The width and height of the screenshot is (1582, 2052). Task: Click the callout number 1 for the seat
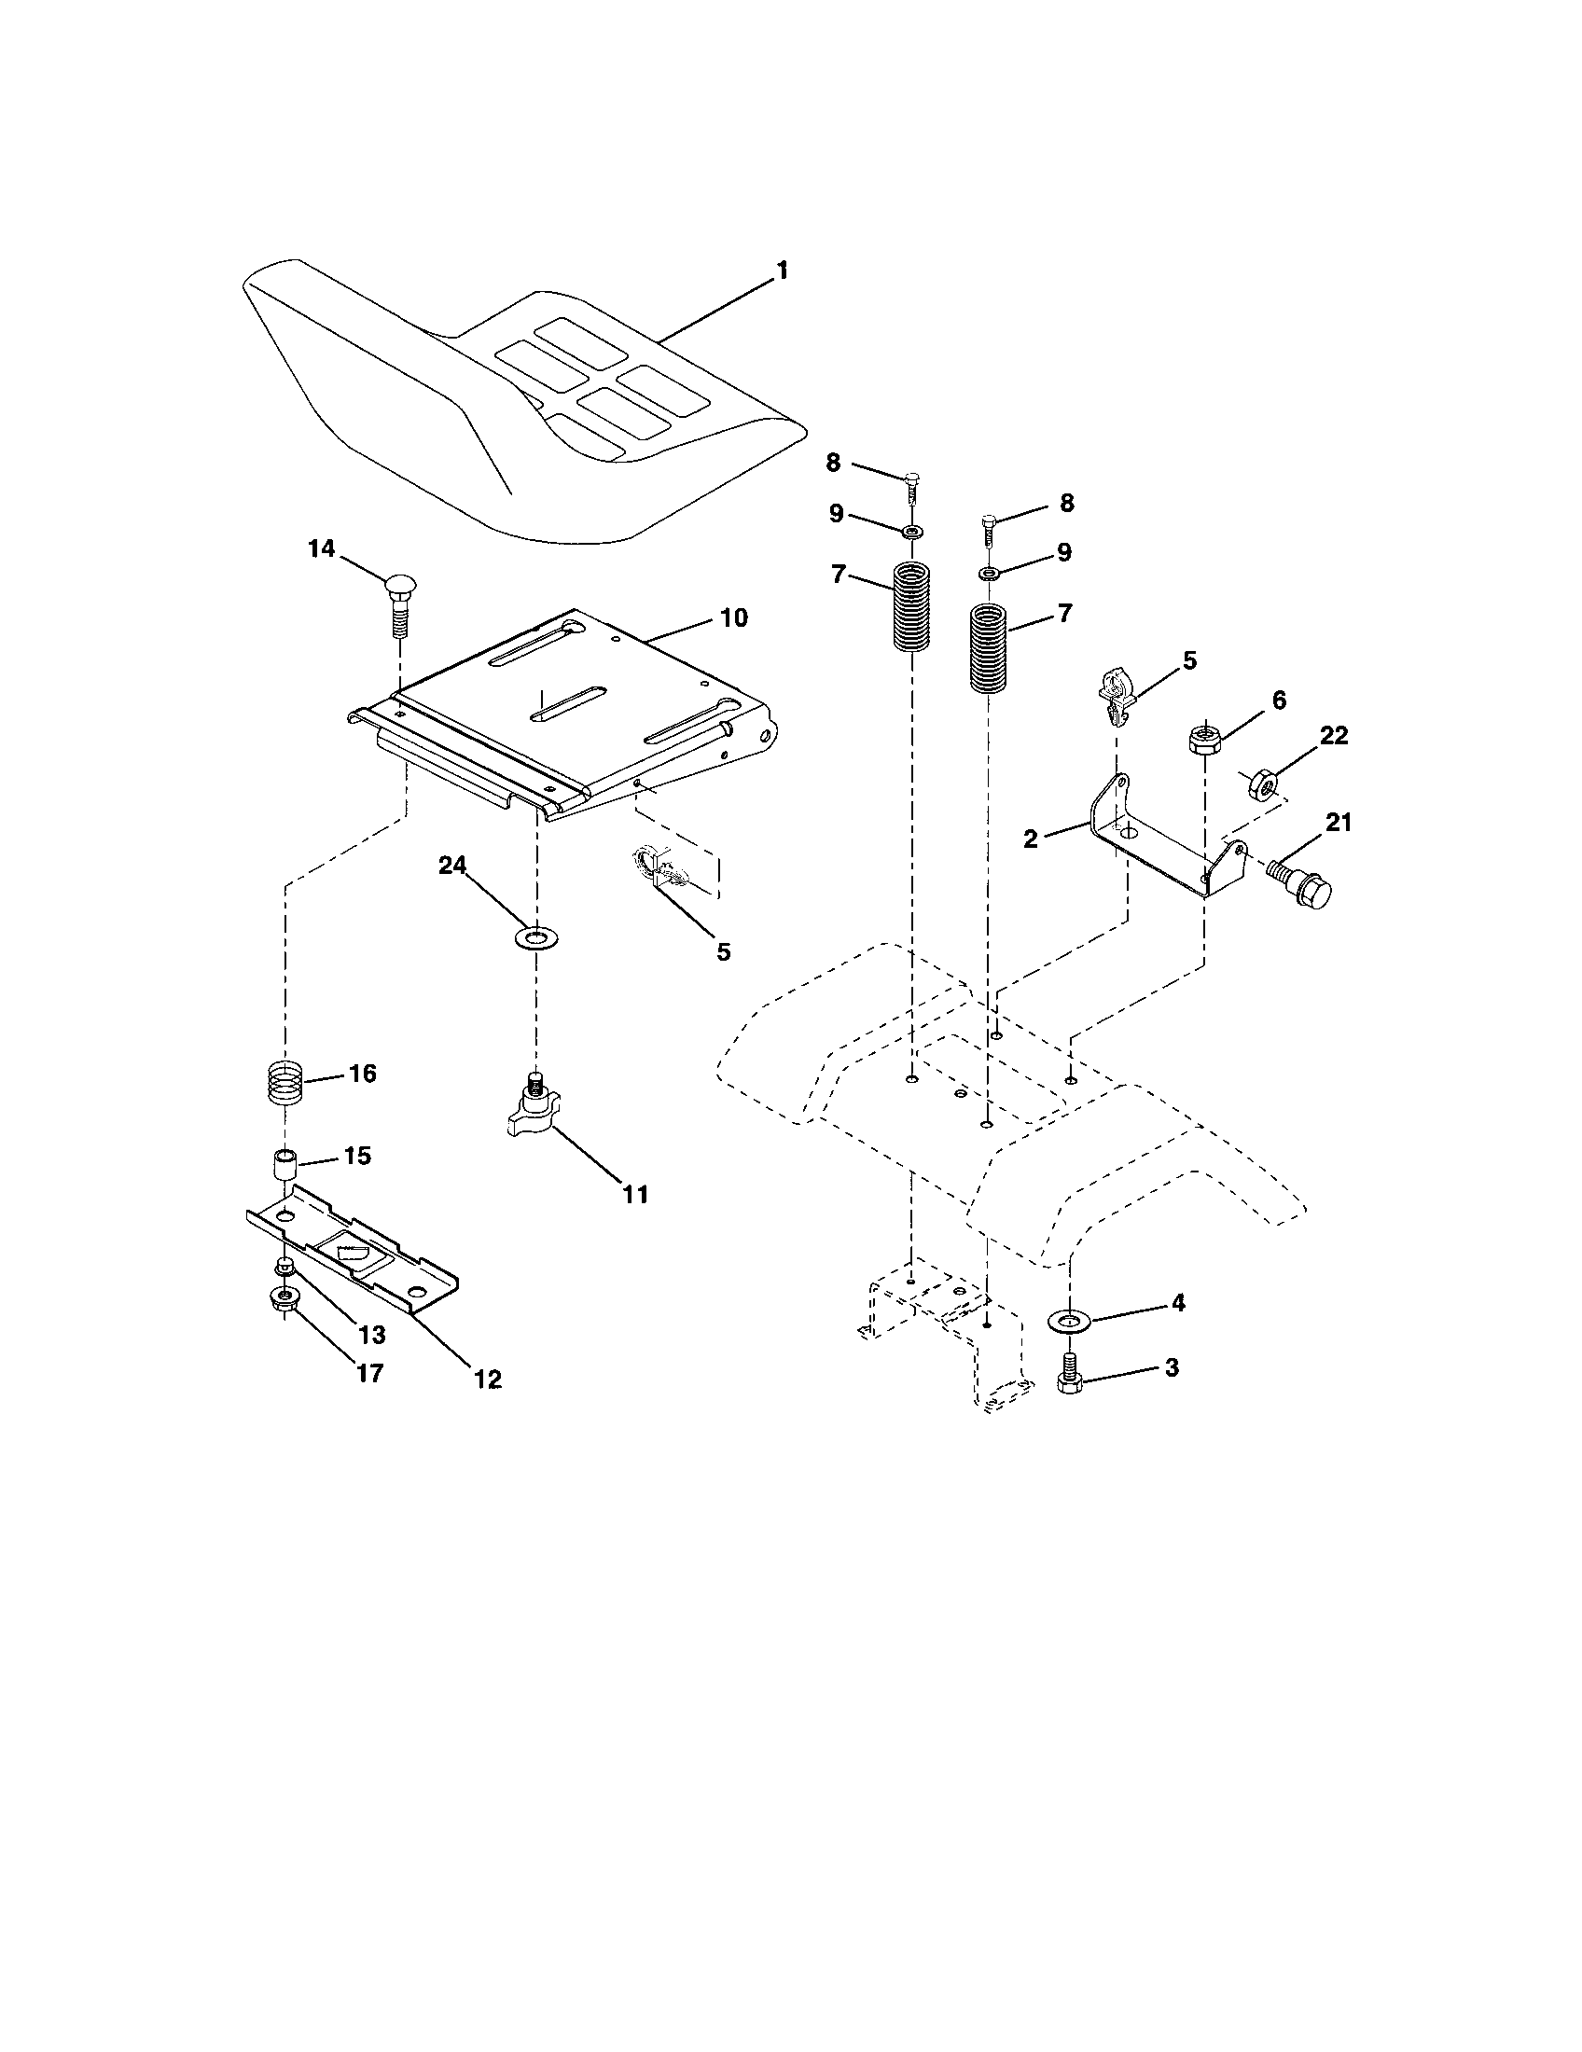click(x=782, y=271)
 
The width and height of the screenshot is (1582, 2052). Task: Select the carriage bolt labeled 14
click(x=399, y=605)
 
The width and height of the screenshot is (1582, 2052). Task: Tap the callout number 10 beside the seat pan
click(x=734, y=617)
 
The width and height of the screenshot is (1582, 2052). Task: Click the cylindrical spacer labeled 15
click(x=284, y=1165)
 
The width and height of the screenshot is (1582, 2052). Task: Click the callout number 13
click(x=372, y=1334)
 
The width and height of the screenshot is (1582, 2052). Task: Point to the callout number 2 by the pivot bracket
click(x=1031, y=839)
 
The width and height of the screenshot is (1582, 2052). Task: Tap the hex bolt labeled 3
click(x=1070, y=1381)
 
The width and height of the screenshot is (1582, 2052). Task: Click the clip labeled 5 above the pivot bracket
click(x=1115, y=693)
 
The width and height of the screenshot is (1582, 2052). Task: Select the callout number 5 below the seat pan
click(x=722, y=951)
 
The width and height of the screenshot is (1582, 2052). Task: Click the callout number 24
click(x=452, y=867)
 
